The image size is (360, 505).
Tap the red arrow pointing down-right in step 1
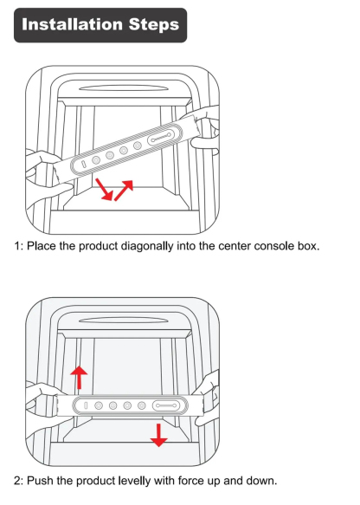105,189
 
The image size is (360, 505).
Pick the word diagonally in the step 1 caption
150,246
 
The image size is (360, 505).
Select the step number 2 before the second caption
16,480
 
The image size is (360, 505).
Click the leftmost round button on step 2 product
100,405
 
